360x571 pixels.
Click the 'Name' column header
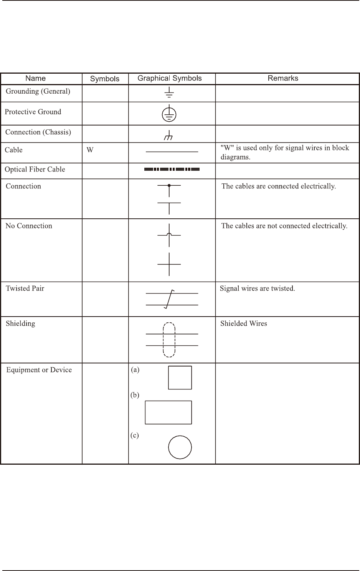click(35, 78)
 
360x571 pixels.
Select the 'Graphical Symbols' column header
click(170, 78)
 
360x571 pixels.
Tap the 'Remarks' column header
click(283, 78)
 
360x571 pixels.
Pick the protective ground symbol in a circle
click(169, 114)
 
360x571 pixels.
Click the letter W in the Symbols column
click(90, 150)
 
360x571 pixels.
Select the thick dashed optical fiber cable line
click(172, 169)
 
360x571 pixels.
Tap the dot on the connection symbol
click(169, 186)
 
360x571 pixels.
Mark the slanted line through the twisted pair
click(169, 299)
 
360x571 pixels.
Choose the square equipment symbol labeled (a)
click(180, 378)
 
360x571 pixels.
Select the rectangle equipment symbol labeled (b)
click(168, 413)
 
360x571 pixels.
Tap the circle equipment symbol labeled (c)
click(180, 447)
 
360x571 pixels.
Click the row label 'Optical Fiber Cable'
click(35, 170)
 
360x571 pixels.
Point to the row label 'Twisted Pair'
click(25, 289)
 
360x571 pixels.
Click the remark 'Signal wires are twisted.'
click(257, 289)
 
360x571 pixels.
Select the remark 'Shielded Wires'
click(243, 323)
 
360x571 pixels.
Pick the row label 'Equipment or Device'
click(39, 370)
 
